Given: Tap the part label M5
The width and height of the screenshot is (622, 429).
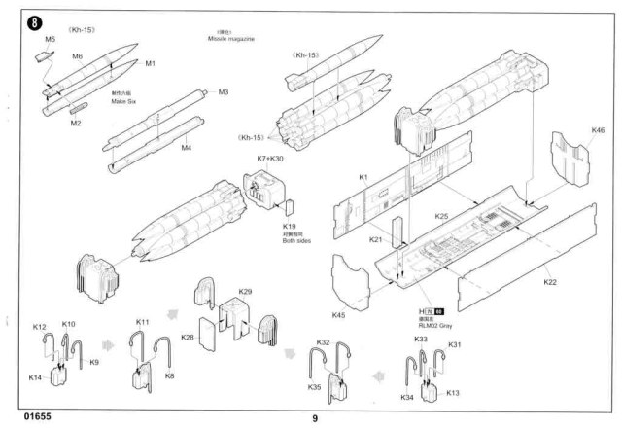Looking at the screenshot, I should pos(51,40).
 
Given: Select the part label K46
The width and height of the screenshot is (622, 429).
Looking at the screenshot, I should pos(598,129).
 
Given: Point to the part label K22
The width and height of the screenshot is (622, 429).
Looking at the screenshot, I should pos(550,282).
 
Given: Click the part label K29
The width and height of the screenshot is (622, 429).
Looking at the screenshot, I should pos(245,291).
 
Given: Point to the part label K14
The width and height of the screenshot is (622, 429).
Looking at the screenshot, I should pos(36,376).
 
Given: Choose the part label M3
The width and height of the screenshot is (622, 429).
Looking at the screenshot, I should pos(223,92).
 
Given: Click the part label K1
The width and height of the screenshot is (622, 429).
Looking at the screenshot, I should pos(362,178).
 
